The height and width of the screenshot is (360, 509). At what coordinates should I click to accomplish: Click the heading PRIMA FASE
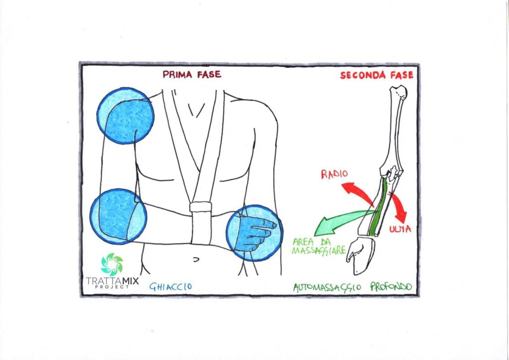191,75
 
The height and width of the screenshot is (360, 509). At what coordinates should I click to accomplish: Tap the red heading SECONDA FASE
376,76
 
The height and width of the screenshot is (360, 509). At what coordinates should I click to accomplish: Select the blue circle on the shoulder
125,115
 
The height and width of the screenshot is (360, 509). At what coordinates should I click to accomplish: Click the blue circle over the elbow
118,216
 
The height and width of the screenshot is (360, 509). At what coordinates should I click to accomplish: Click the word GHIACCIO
170,286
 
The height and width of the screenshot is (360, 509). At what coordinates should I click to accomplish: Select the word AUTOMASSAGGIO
328,287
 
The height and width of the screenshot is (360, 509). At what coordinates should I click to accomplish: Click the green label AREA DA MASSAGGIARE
318,247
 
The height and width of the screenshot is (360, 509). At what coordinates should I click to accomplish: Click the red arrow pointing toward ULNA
398,206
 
